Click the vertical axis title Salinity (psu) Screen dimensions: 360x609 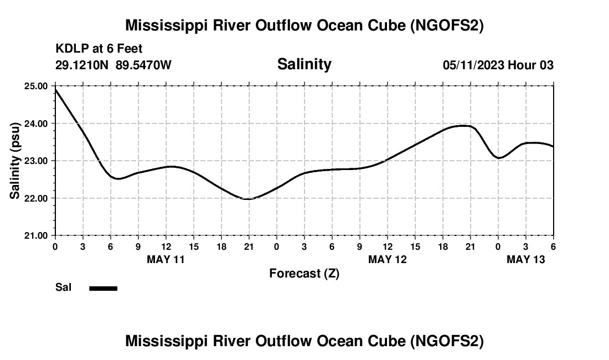(15, 161)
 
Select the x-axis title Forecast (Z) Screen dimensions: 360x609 (304, 273)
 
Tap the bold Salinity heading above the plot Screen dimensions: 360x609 (304, 64)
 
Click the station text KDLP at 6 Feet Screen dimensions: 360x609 (99, 49)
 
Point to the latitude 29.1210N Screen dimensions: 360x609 (82, 65)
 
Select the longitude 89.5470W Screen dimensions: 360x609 (144, 65)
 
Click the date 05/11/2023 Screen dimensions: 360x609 (473, 65)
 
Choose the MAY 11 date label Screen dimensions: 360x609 (166, 259)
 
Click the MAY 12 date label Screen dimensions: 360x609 (387, 259)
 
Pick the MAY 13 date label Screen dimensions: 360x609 (525, 259)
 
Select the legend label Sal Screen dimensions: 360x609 (64, 287)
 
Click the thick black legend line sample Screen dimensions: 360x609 (103, 288)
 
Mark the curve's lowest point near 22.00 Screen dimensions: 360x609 (247, 199)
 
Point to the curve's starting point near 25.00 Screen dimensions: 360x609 (55, 89)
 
